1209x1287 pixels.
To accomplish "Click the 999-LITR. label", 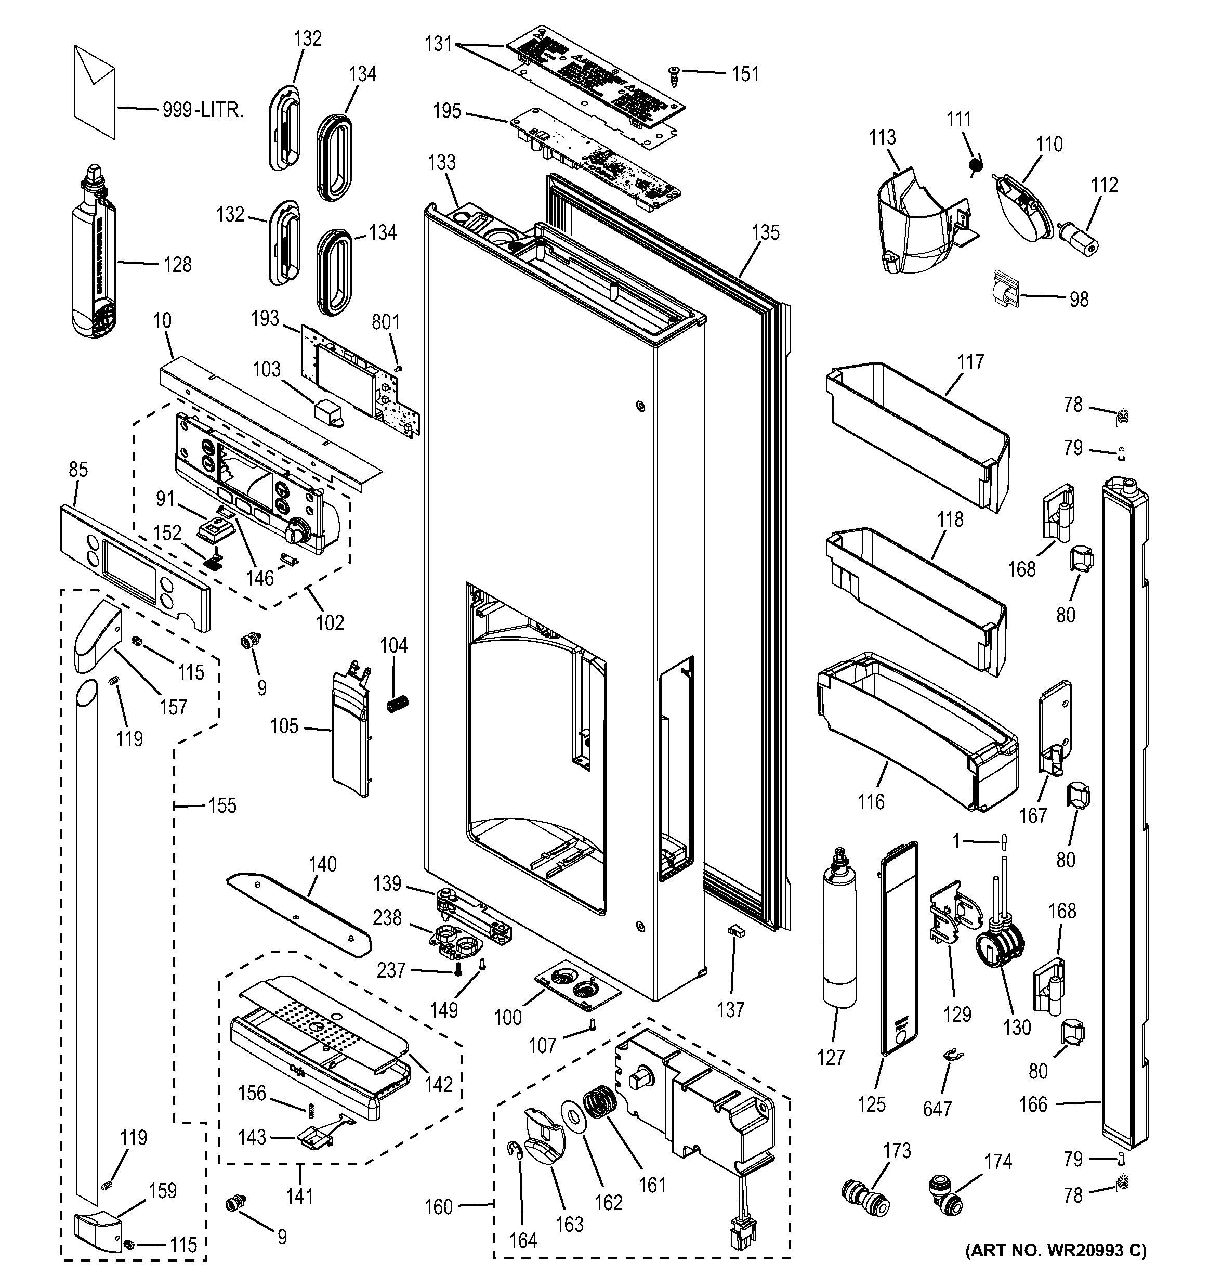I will coord(203,110).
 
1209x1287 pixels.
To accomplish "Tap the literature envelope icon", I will coord(95,92).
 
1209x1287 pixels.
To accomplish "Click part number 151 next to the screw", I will coord(745,74).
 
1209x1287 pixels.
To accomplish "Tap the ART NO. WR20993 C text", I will coord(1056,1268).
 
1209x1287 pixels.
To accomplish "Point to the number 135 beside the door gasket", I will coord(766,232).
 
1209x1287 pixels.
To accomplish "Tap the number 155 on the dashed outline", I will coord(222,805).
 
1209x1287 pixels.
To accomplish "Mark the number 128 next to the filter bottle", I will coord(177,264).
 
